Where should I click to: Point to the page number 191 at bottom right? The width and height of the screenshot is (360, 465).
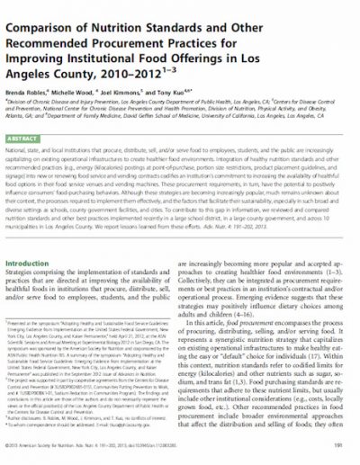pyautogui.click(x=339, y=443)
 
